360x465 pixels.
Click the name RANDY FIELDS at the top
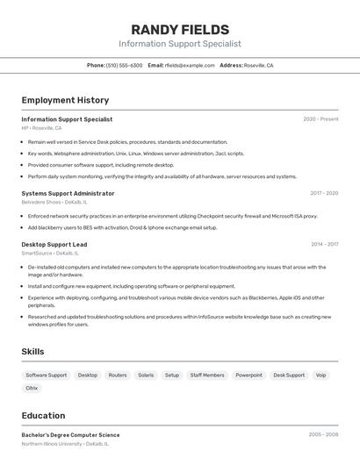pyautogui.click(x=180, y=30)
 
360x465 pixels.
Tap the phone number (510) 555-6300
pyautogui.click(x=124, y=65)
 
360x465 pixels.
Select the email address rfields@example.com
pyautogui.click(x=190, y=65)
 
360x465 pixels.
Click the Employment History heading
pyautogui.click(x=65, y=100)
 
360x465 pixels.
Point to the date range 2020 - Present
pyautogui.click(x=320, y=119)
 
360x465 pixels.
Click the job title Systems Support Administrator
pyautogui.click(x=68, y=193)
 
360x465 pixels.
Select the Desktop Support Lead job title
pyautogui.click(x=54, y=245)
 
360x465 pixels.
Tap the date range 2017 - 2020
pyautogui.click(x=324, y=193)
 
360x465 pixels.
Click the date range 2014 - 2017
pyautogui.click(x=324, y=245)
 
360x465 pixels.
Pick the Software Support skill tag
pyautogui.click(x=46, y=375)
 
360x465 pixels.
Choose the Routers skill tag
pyautogui.click(x=118, y=375)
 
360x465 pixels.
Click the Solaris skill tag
pyautogui.click(x=146, y=375)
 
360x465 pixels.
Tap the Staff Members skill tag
pyautogui.click(x=207, y=375)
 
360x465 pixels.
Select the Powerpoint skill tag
pyautogui.click(x=248, y=375)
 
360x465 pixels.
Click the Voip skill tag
pyautogui.click(x=320, y=375)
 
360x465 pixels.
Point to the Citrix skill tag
pyautogui.click(x=32, y=388)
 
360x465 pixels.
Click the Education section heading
pyautogui.click(x=43, y=416)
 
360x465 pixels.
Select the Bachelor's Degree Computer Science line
pyautogui.click(x=70, y=435)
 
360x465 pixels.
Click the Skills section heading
pyautogui.click(x=33, y=352)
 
